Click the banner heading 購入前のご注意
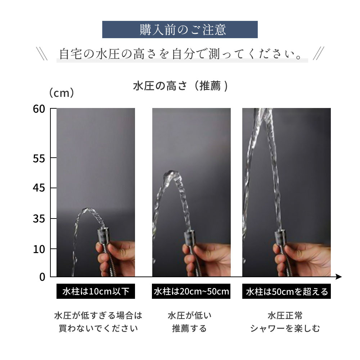point(183,30)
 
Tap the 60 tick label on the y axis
point(39,109)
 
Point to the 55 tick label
point(39,158)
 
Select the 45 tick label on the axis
point(39,188)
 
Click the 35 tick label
point(39,219)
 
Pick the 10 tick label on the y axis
point(39,249)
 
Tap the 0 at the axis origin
point(42,277)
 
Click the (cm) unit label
point(62,93)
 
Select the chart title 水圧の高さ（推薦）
point(180,86)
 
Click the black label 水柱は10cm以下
point(96,291)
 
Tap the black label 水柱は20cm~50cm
point(191,291)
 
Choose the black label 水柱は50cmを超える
point(287,291)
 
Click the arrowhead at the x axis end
point(339,276)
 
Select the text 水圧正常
point(285,315)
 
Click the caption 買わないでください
point(98,328)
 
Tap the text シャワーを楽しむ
point(285,328)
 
